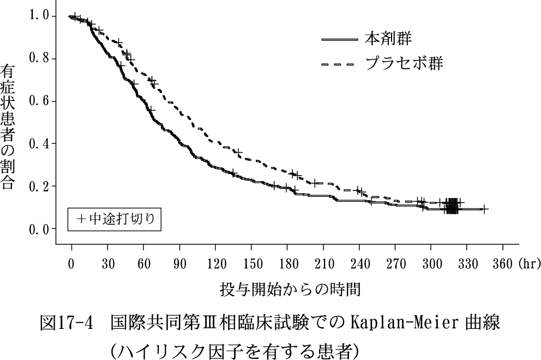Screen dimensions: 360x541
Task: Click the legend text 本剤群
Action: [x=388, y=39]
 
